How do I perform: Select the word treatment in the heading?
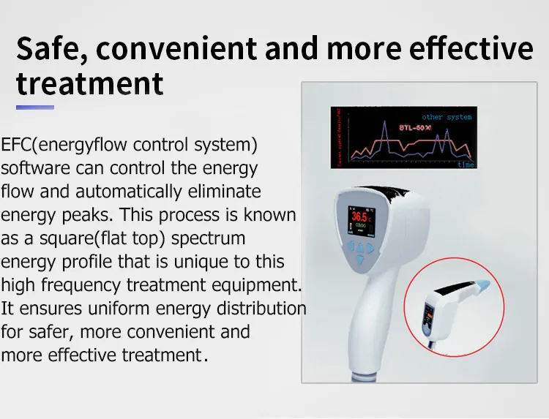[90, 83]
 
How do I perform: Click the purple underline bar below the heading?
[34, 107]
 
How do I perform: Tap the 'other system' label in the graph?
[447, 117]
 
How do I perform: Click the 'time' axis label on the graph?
[466, 165]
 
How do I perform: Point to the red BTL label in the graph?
[415, 128]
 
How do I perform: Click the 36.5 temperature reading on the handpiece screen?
[359, 216]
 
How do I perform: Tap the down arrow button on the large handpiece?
[359, 257]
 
